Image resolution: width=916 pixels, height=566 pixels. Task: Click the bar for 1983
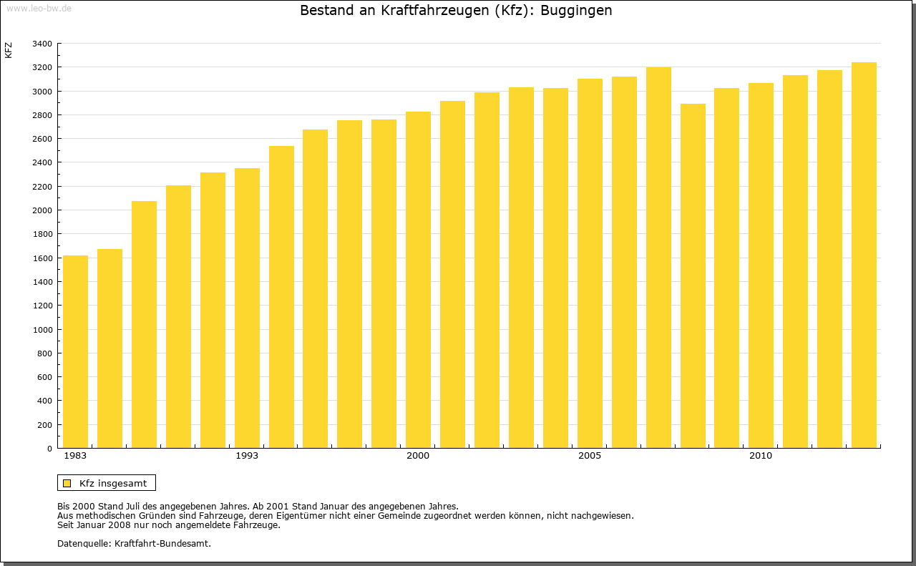(x=75, y=351)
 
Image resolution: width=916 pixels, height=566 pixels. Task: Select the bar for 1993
(x=247, y=308)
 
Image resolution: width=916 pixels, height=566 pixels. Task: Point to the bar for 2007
(x=658, y=258)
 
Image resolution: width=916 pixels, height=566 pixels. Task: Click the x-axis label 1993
(x=247, y=456)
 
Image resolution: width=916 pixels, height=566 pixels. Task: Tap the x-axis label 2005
(x=590, y=456)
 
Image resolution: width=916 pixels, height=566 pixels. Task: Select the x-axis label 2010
(x=761, y=456)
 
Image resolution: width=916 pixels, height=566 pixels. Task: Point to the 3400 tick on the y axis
(x=42, y=44)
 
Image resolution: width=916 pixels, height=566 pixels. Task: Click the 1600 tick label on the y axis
(x=42, y=258)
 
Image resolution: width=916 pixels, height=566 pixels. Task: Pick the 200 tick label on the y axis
(x=44, y=425)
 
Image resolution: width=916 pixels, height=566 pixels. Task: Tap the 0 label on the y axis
(x=49, y=449)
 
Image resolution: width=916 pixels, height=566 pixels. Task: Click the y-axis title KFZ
(x=9, y=50)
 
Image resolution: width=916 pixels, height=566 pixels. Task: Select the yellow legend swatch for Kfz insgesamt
(x=67, y=483)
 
